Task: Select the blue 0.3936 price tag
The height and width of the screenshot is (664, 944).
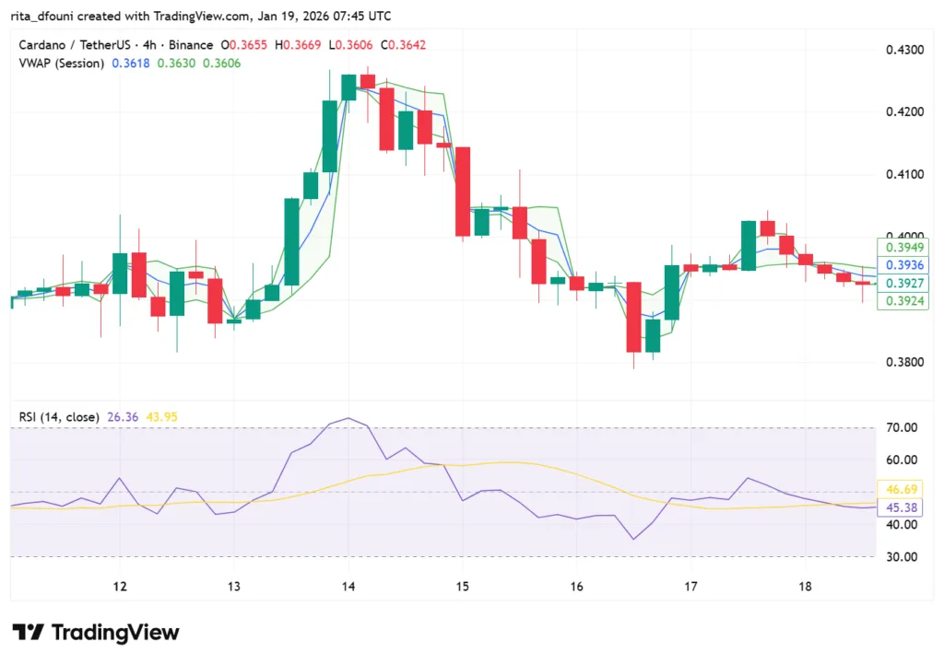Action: (903, 265)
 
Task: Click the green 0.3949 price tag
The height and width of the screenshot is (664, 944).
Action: (903, 248)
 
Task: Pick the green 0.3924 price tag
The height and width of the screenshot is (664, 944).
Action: (903, 301)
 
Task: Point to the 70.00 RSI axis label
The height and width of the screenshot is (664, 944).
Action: (900, 427)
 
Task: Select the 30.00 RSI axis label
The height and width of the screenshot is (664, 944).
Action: (900, 556)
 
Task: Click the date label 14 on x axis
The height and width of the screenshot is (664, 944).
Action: (348, 587)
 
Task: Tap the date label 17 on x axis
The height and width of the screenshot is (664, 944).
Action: (691, 587)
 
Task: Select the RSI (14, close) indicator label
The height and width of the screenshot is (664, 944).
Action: (58, 417)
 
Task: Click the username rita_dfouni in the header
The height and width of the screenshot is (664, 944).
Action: (45, 17)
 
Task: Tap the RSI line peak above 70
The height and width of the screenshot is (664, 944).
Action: (347, 418)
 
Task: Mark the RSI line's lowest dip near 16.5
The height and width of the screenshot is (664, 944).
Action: (633, 539)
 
